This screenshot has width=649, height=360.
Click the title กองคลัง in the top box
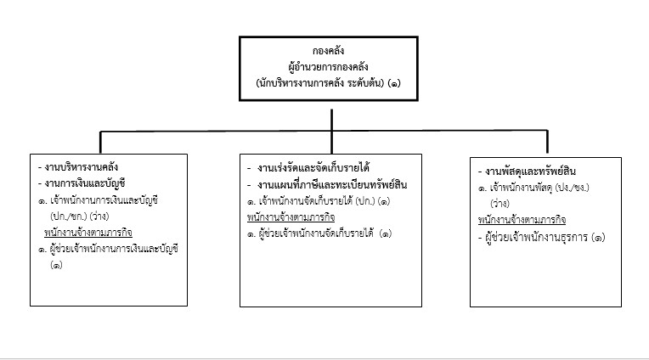[x=328, y=51]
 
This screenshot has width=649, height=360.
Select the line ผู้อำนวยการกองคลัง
[x=328, y=66]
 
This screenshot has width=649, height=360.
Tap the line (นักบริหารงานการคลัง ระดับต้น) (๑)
[x=328, y=82]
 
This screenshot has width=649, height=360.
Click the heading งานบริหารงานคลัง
[x=78, y=167]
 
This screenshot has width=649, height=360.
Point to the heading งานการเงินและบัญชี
[x=82, y=183]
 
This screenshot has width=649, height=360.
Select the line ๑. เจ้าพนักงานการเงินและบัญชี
[x=98, y=200]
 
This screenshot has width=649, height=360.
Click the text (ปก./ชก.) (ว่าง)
[x=80, y=217]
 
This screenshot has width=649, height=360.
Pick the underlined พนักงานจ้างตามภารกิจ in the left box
[x=88, y=233]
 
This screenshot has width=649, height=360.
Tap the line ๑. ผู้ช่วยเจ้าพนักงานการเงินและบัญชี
[x=108, y=249]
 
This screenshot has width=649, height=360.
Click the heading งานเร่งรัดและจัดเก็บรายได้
[x=308, y=168]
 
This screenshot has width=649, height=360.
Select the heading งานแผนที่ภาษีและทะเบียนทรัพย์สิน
[x=327, y=184]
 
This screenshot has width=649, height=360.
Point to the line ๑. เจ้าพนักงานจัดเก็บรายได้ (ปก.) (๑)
[x=319, y=201]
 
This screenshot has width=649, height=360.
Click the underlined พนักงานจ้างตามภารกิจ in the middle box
[x=291, y=217]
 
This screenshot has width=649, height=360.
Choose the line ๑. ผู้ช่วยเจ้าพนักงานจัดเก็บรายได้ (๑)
[x=319, y=233]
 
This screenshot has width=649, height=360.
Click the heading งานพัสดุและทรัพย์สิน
[x=527, y=172]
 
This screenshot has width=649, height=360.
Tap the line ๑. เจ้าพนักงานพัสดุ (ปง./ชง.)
[x=533, y=188]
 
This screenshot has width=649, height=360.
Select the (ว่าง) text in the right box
[x=499, y=204]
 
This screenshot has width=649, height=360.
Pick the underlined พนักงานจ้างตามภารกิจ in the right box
[x=522, y=220]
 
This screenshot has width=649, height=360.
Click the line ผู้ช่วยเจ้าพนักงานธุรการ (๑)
[x=541, y=238]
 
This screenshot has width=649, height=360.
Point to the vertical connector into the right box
[x=547, y=142]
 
